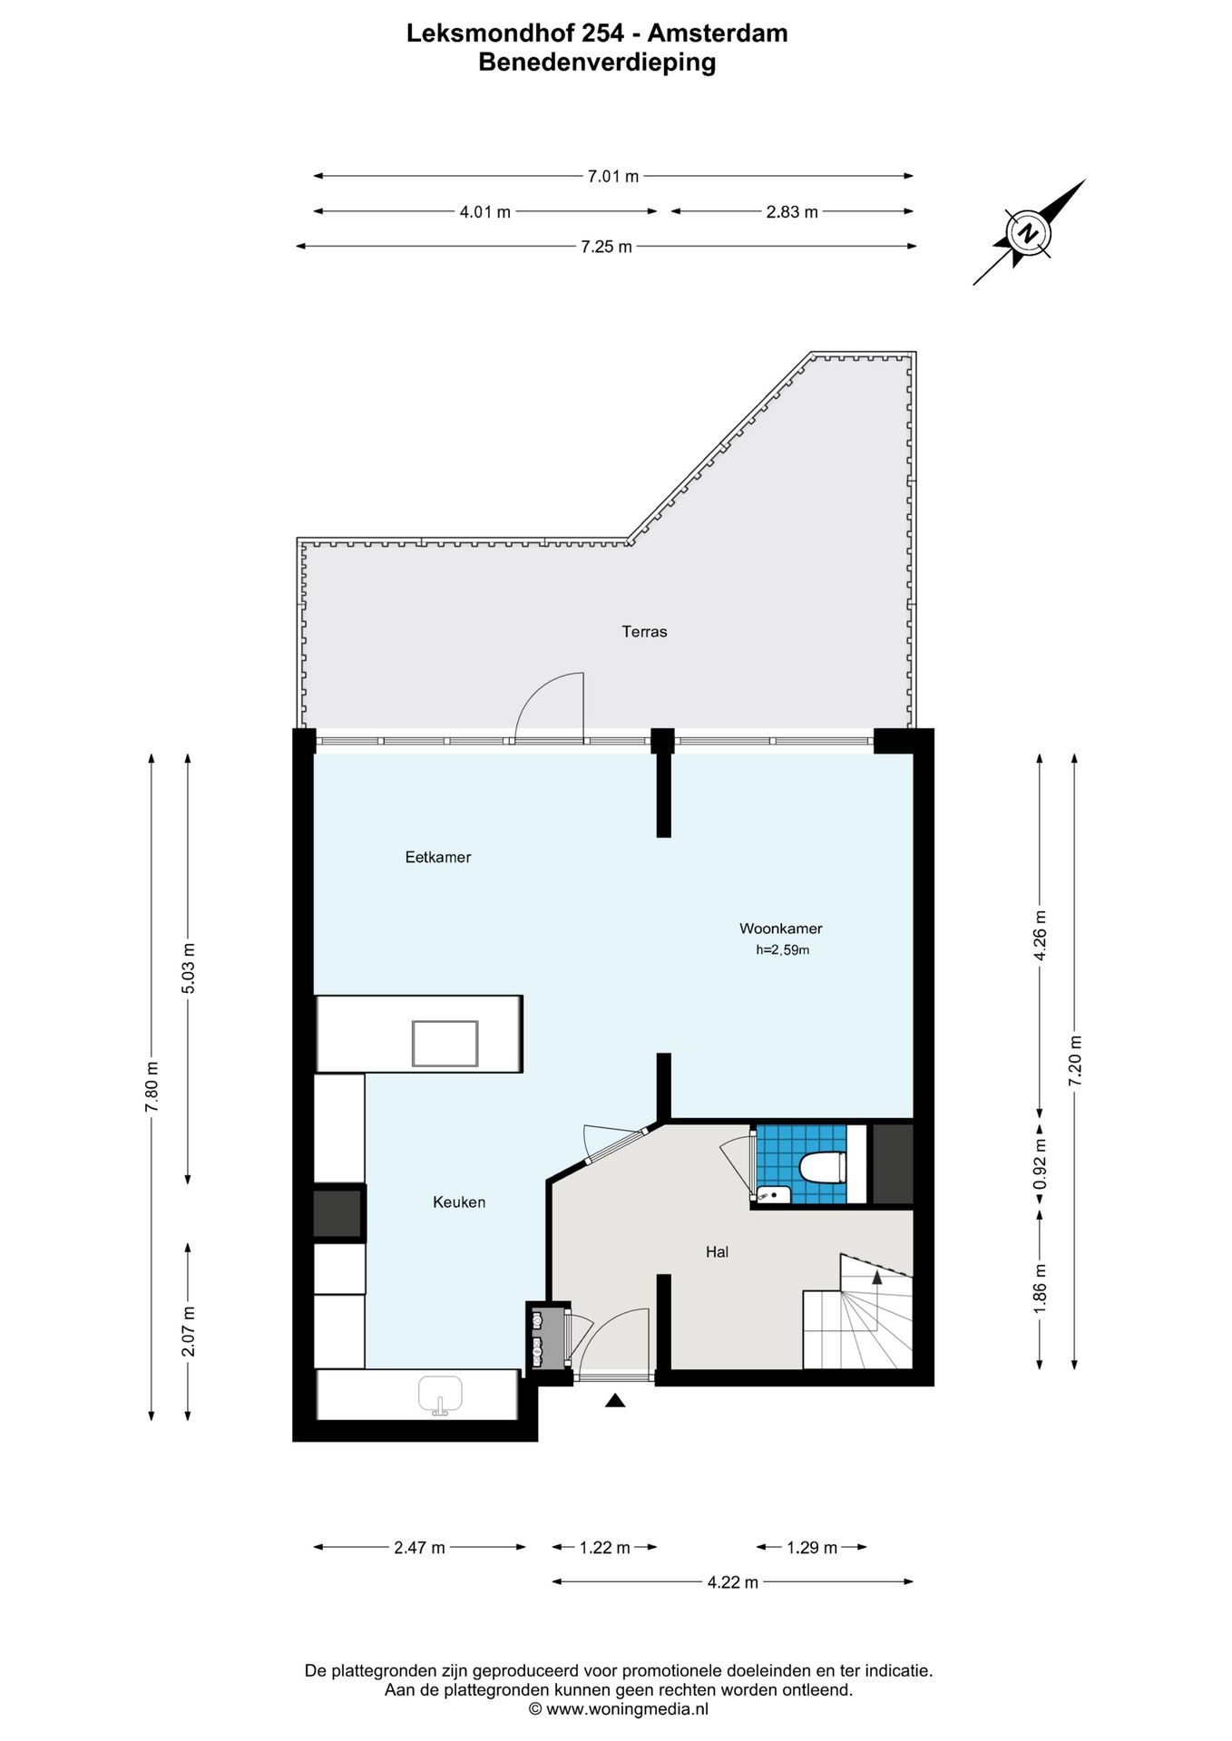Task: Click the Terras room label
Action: click(x=644, y=632)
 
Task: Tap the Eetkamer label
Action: click(x=438, y=857)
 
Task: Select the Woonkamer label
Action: click(x=781, y=929)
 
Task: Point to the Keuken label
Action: click(x=459, y=1202)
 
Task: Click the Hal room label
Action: click(x=718, y=1252)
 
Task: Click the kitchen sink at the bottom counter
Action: click(x=440, y=1395)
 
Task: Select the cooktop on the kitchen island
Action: click(x=445, y=1043)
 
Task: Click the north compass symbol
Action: click(x=1029, y=232)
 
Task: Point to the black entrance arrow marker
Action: click(x=615, y=1401)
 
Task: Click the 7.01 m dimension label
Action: click(x=613, y=177)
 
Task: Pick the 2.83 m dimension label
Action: click(x=792, y=212)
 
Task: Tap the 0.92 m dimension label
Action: click(x=1041, y=1165)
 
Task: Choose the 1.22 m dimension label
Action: click(x=605, y=1548)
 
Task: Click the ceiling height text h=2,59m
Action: click(x=782, y=950)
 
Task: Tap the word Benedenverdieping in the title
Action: click(x=597, y=63)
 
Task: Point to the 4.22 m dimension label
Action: click(x=733, y=1582)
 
